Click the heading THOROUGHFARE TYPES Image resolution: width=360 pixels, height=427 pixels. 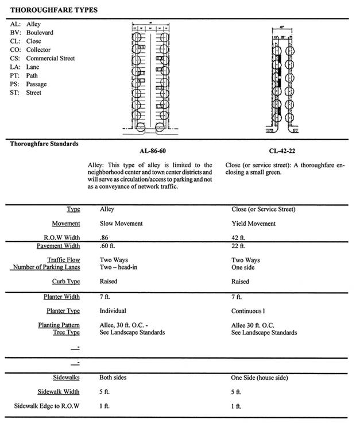point(53,10)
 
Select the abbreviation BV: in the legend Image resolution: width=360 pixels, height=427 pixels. point(16,33)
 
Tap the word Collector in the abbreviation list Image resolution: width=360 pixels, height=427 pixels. point(39,50)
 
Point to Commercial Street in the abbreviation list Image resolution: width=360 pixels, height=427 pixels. point(51,59)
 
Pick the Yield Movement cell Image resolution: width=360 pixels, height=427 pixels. point(253,224)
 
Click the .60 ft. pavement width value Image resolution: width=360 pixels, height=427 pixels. point(107,247)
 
